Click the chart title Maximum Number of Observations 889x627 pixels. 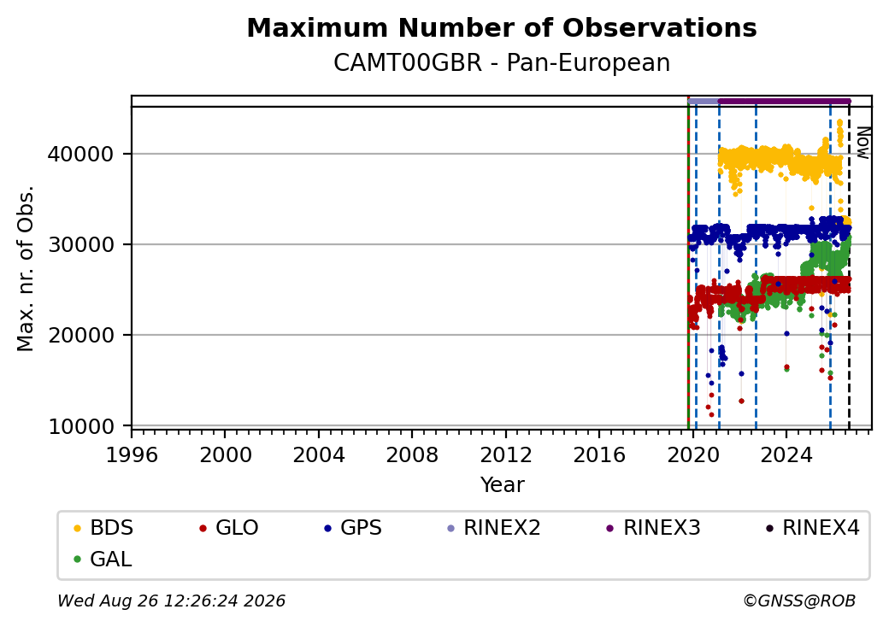502,27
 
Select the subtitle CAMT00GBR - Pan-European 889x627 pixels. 502,62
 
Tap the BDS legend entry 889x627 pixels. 103,528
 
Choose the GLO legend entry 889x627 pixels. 229,528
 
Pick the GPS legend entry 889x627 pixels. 353,528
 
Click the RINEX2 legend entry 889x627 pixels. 494,528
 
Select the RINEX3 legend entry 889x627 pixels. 654,528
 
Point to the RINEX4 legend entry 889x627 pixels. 812,528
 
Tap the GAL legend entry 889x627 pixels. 103,559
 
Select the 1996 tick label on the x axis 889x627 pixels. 132,454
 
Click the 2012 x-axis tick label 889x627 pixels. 506,454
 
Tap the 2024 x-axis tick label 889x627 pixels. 786,454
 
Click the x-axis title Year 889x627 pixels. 503,485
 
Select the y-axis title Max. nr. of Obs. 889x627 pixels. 26,268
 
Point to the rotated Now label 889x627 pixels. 863,143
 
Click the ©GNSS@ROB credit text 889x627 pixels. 799,601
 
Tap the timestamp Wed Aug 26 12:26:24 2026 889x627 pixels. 172,601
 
